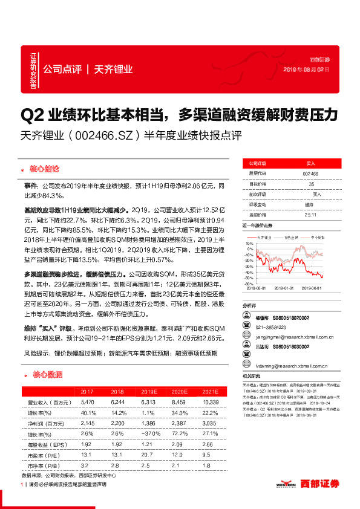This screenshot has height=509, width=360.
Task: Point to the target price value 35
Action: (x=310, y=183)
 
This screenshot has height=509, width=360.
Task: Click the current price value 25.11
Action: (x=310, y=214)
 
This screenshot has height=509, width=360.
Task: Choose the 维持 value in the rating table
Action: (x=310, y=204)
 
